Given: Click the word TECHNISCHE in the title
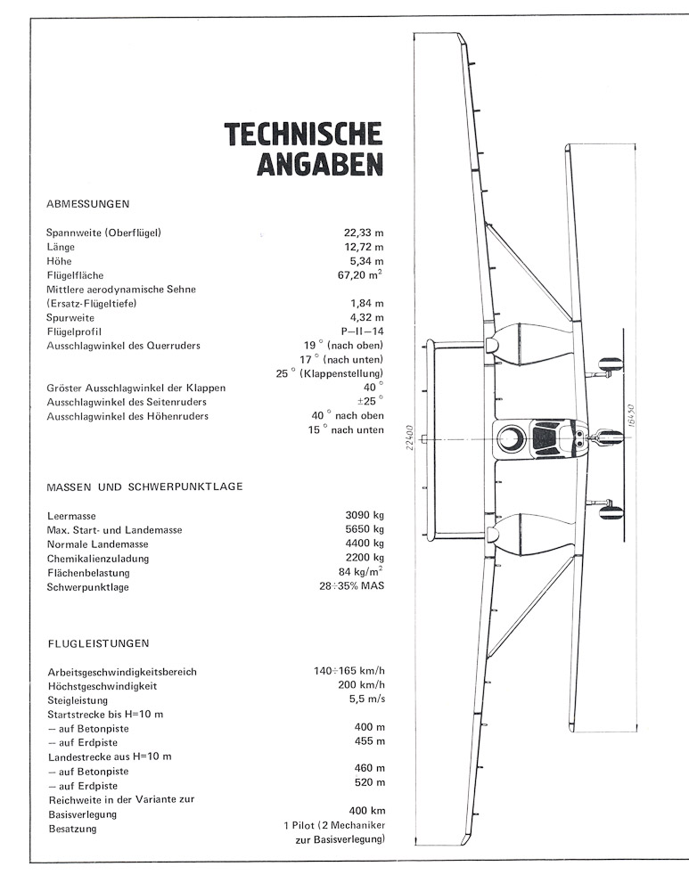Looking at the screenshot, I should pyautogui.click(x=304, y=134).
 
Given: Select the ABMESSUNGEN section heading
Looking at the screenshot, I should pyautogui.click(x=87, y=203).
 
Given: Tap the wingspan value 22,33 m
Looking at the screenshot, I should pyautogui.click(x=364, y=233).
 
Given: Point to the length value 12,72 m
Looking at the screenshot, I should pyautogui.click(x=364, y=248).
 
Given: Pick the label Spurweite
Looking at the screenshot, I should pyautogui.click(x=70, y=317).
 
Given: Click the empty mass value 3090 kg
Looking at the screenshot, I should pyautogui.click(x=364, y=516).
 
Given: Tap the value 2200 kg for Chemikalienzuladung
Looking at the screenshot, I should pyautogui.click(x=364, y=559).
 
